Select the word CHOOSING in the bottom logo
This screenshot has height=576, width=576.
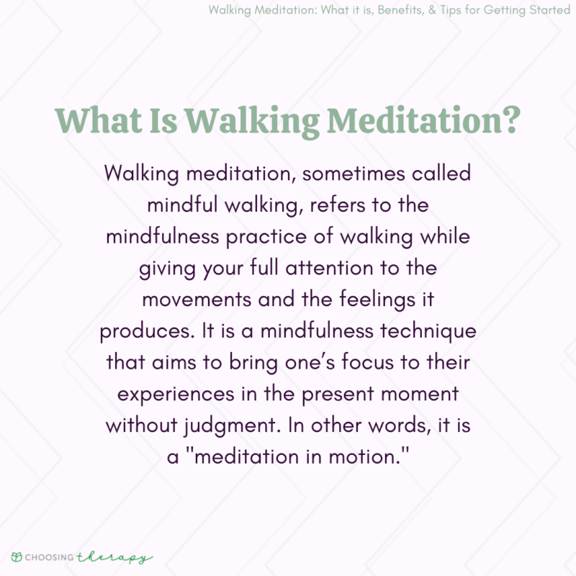(x=50, y=558)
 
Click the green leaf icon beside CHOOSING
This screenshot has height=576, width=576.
(x=17, y=557)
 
